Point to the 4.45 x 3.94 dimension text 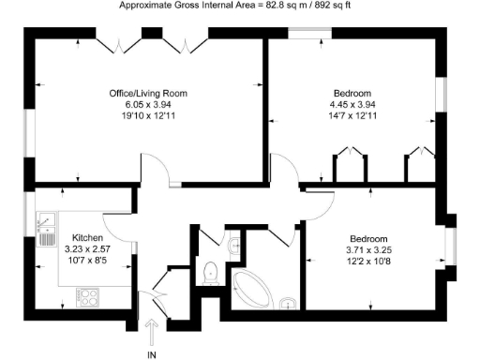(x=352, y=105)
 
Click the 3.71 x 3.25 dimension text (x=368, y=250)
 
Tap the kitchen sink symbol (x=43, y=226)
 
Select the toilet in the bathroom (x=210, y=272)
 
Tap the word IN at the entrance (x=152, y=353)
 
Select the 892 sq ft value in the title (x=333, y=6)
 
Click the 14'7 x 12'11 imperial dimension (x=352, y=117)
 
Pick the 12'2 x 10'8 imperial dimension (x=368, y=262)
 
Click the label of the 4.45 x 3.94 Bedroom (x=352, y=94)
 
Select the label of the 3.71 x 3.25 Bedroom (x=368, y=239)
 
